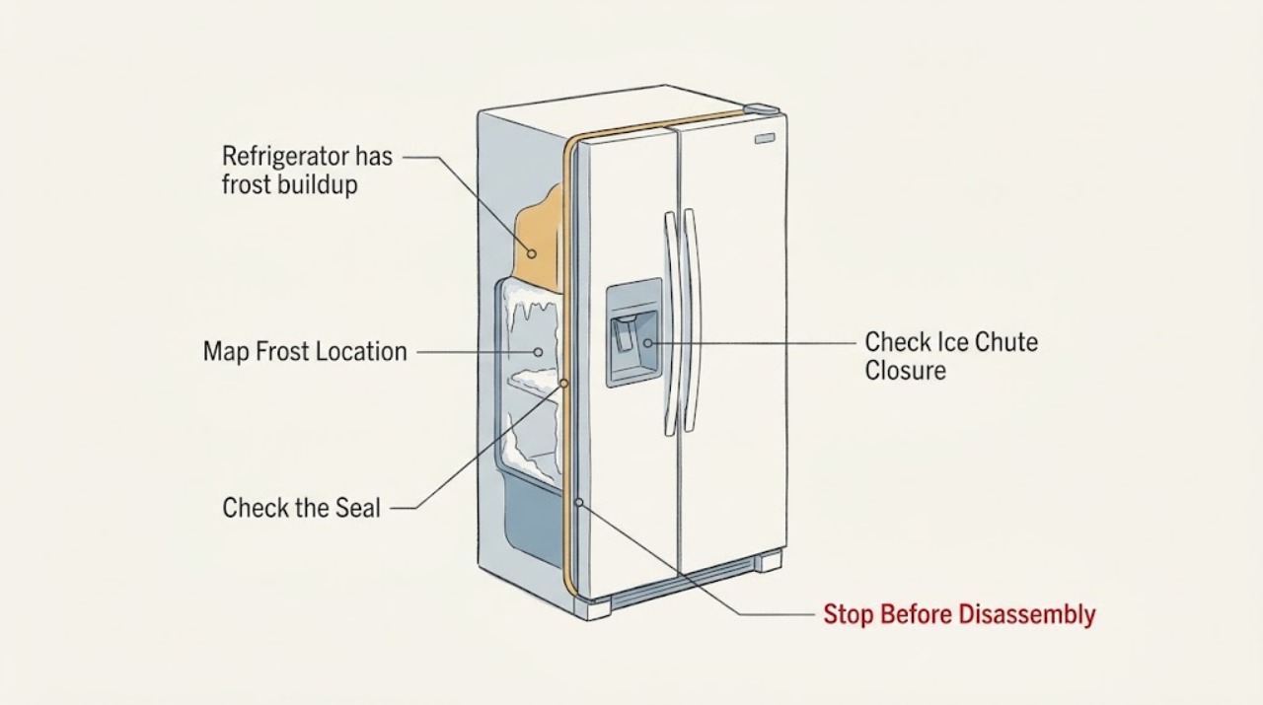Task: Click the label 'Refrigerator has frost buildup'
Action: point(307,171)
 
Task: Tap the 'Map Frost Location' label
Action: point(305,352)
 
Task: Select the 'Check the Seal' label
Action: point(301,508)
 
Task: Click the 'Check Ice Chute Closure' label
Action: point(951,356)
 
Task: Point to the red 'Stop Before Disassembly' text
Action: point(959,614)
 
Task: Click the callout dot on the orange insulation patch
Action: point(531,253)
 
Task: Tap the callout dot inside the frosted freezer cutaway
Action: point(538,352)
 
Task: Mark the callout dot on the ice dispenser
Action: point(648,342)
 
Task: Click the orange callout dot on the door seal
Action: point(563,384)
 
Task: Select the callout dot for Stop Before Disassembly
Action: point(578,502)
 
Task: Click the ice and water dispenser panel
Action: point(633,333)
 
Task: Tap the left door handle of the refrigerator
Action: point(670,324)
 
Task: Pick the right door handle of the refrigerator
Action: point(692,320)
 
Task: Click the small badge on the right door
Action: point(764,138)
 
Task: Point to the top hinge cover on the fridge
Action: point(761,108)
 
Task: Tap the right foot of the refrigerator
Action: point(769,561)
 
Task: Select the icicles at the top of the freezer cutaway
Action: point(533,313)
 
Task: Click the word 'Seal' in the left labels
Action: point(357,508)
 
